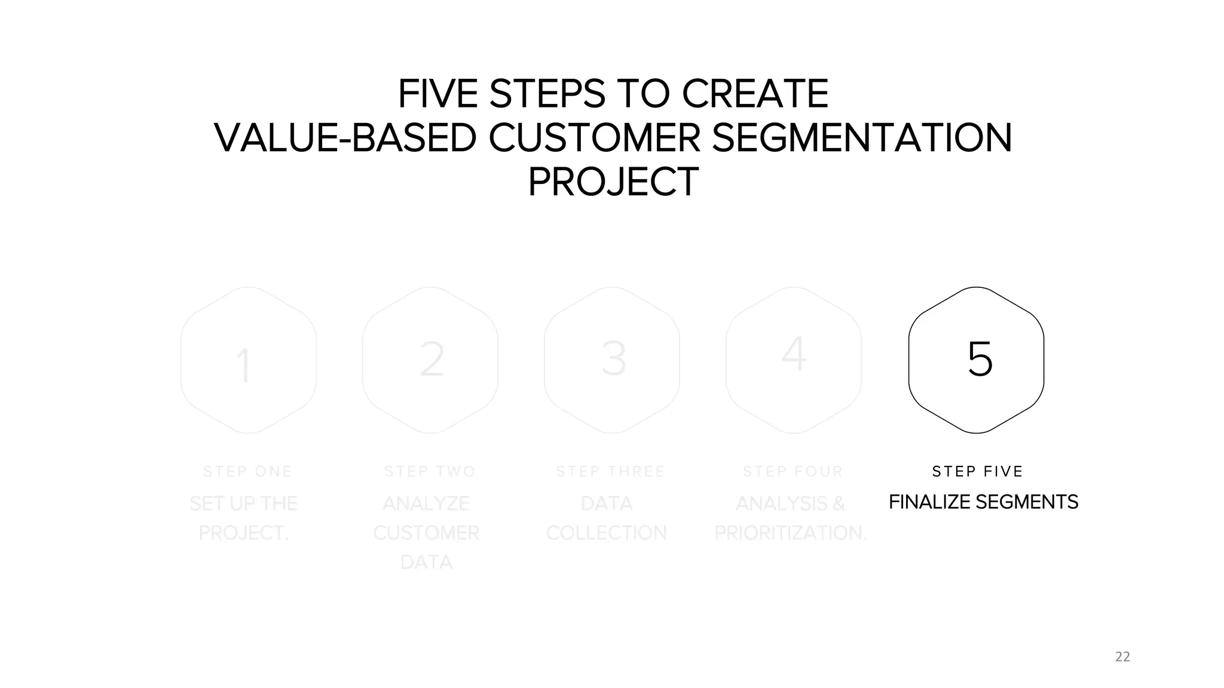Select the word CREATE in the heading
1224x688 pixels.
755,94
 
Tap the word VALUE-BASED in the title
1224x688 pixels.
345,138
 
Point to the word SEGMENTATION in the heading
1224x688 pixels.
862,138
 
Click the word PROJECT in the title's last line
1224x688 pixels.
613,182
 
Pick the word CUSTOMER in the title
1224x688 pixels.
594,138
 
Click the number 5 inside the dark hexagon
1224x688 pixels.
980,360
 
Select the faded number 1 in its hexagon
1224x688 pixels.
243,365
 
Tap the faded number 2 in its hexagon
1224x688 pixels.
432,360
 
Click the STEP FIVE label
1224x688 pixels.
978,472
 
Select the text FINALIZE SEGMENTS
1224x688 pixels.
983,502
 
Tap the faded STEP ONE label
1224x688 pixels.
247,472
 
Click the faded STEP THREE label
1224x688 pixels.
610,472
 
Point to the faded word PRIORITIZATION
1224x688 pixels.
789,533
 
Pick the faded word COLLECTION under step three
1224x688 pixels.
606,533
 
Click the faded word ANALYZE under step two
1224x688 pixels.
426,503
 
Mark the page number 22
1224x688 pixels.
1122,657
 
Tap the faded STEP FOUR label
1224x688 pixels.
792,472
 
